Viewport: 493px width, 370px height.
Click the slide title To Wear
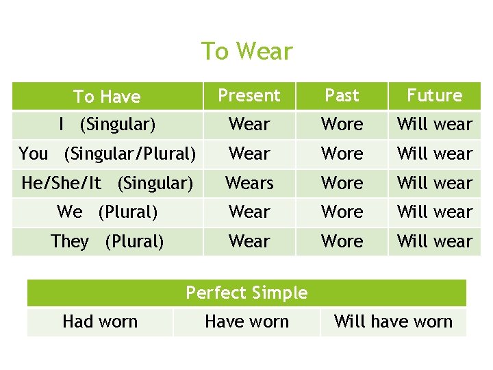pos(246,51)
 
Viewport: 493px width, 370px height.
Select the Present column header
pos(249,96)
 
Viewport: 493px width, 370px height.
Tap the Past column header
pos(342,96)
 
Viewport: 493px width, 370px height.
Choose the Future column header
pos(435,96)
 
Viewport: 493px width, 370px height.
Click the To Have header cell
pos(107,97)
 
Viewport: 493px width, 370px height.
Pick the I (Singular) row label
pos(107,125)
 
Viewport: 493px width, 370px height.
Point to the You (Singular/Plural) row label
pos(107,153)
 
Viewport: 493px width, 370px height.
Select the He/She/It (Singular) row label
pos(107,183)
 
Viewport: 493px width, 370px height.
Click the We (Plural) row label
pos(107,212)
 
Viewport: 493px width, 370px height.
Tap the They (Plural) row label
pos(107,241)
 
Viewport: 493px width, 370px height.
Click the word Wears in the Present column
pos(249,183)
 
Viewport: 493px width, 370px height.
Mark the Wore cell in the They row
pos(342,241)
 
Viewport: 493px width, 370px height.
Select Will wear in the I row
pos(435,125)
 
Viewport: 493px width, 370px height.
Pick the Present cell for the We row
pos(249,212)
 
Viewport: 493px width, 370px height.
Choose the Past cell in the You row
pos(342,153)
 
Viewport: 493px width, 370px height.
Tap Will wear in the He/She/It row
pos(435,183)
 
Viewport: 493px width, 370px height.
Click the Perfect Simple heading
pos(246,293)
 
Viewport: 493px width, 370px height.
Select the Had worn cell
pos(100,322)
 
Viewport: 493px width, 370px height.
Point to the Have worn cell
pos(246,322)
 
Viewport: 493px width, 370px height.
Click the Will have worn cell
pos(393,322)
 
